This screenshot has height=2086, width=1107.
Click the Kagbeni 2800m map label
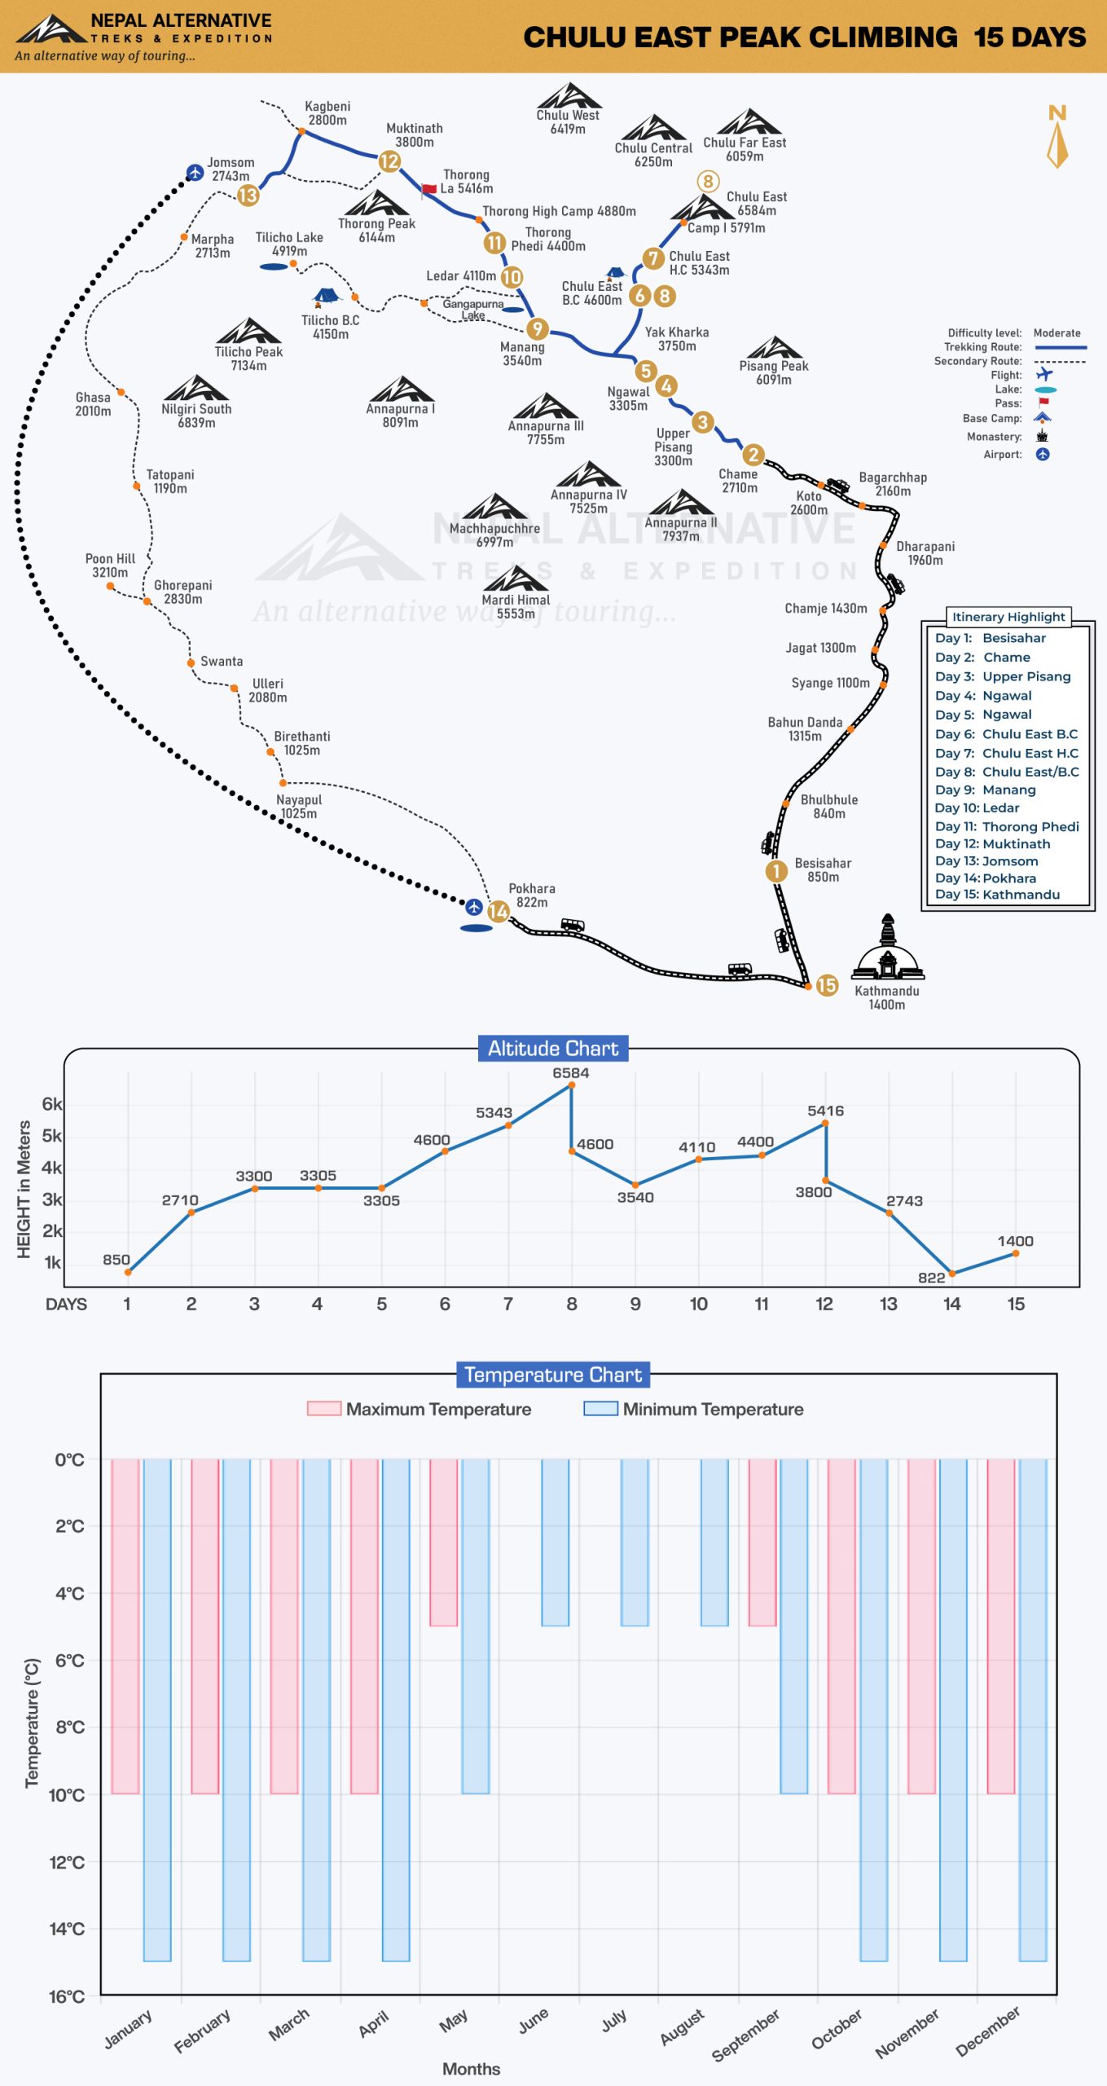[327, 113]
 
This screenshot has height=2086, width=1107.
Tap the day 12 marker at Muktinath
[389, 161]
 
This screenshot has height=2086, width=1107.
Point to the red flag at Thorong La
[428, 190]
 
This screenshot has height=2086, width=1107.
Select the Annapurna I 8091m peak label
[400, 416]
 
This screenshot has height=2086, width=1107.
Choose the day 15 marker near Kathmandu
[827, 985]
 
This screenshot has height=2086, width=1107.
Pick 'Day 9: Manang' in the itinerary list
[986, 790]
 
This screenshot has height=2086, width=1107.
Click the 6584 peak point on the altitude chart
[571, 1085]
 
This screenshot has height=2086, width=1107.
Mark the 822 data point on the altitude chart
[951, 1273]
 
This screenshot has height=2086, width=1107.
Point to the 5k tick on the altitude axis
[52, 1136]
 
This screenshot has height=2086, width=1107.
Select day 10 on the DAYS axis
[698, 1304]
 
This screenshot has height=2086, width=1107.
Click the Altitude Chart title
[553, 1048]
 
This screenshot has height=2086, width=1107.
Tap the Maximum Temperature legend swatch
[323, 1409]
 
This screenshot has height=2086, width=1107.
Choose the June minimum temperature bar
[556, 1542]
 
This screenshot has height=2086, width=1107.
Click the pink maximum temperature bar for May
[443, 1542]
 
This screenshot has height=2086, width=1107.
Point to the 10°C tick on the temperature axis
[66, 1793]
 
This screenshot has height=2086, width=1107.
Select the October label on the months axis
[837, 2028]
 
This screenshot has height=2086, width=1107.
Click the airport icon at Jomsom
[195, 172]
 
